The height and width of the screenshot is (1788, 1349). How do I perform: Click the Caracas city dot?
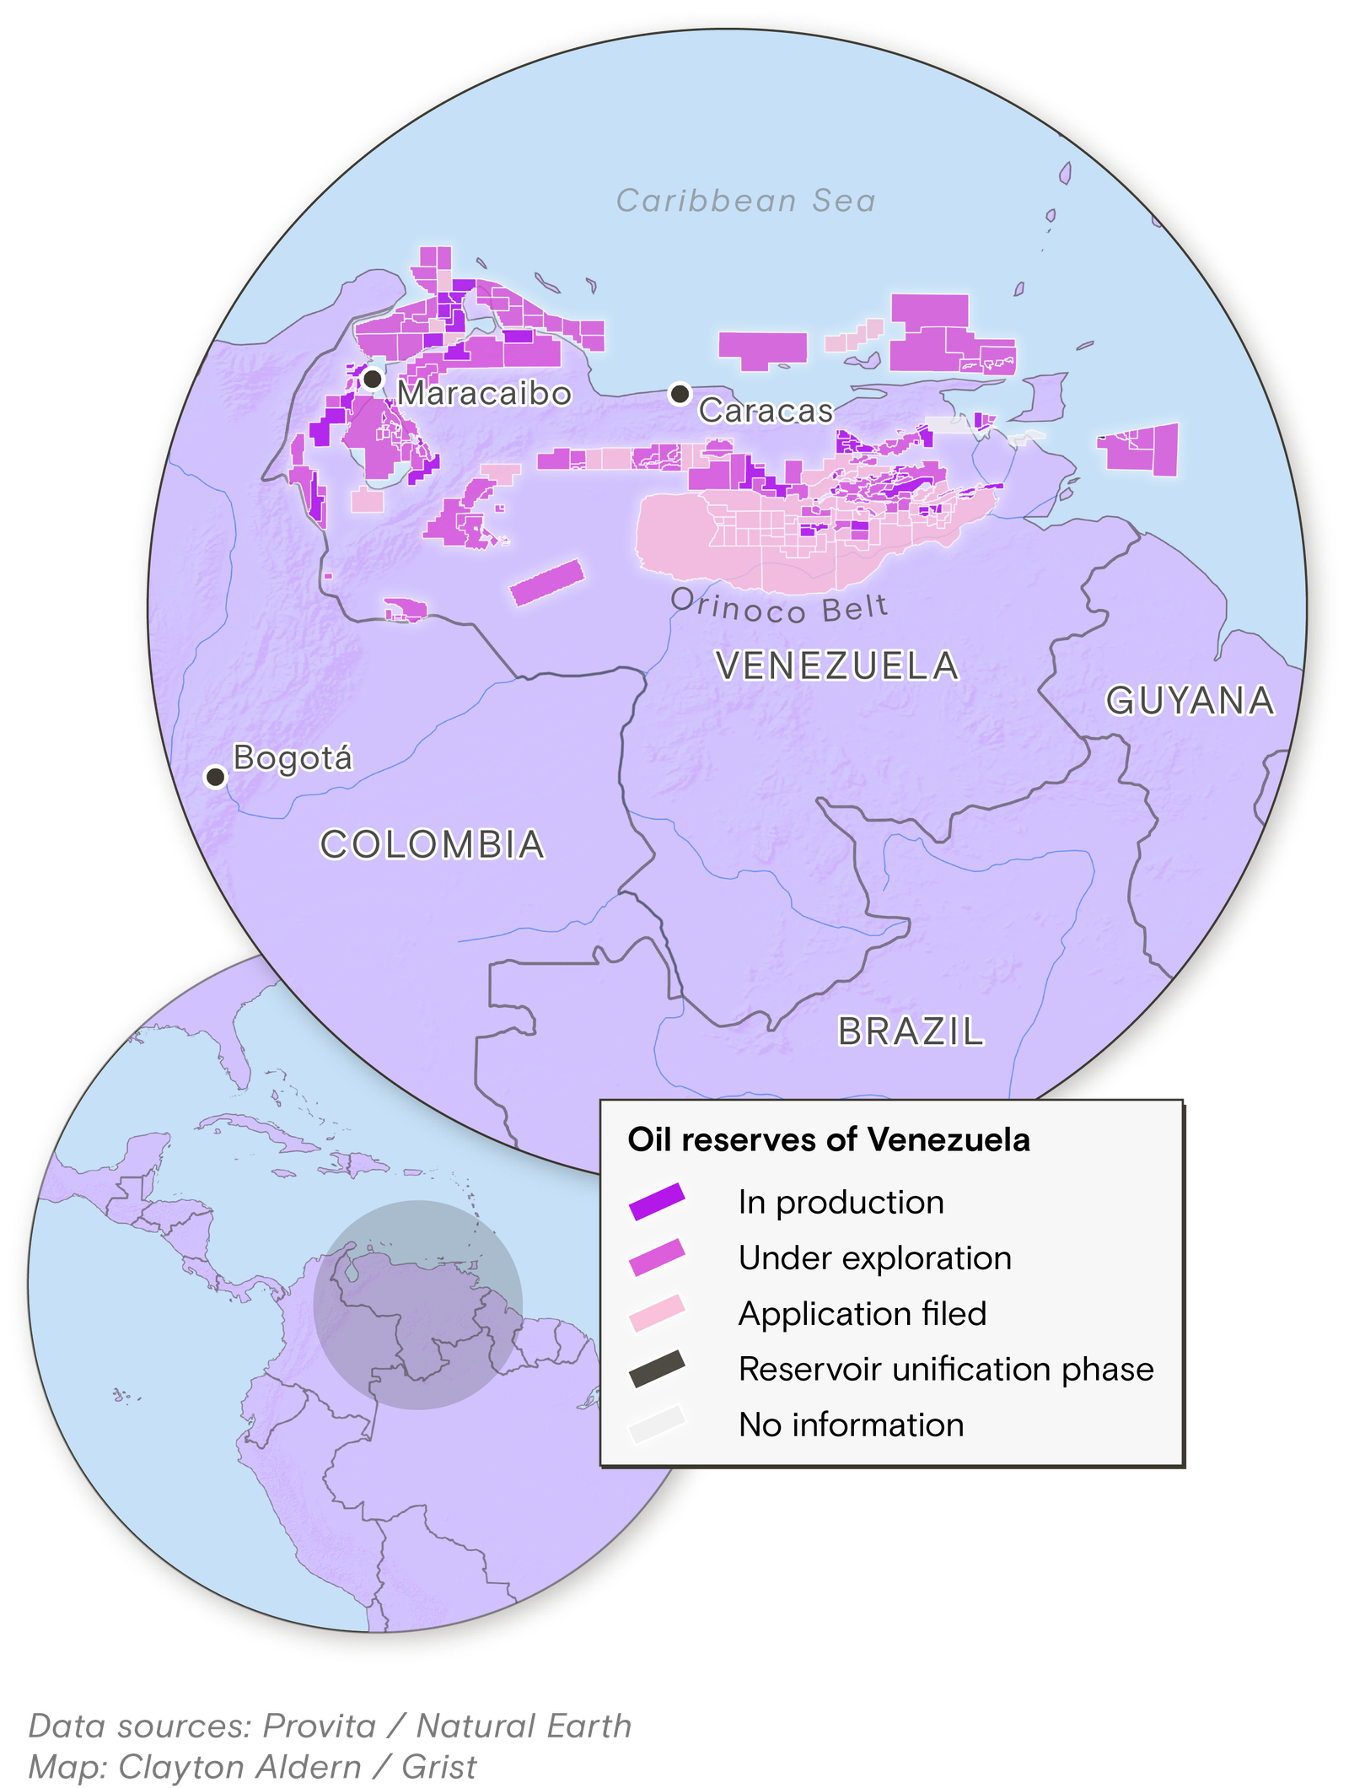tap(680, 393)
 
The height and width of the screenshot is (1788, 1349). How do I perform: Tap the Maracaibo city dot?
tap(373, 379)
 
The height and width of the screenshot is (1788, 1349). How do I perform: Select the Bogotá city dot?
tap(216, 776)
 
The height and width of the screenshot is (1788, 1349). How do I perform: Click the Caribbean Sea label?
tap(746, 201)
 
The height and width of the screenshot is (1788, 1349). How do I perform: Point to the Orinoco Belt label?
tap(779, 606)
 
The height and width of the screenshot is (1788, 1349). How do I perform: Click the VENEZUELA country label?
tap(836, 666)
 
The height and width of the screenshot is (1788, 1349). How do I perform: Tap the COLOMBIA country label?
tap(433, 845)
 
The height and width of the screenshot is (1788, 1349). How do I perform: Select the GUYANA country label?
tap(1190, 701)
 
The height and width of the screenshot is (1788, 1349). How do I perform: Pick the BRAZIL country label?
tap(911, 1031)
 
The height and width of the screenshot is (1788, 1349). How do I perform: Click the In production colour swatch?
tap(657, 1202)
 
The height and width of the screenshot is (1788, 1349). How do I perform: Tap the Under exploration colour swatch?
tap(657, 1258)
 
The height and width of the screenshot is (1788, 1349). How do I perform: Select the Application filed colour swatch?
tap(657, 1313)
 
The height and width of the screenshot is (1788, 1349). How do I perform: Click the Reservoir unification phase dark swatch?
tap(657, 1369)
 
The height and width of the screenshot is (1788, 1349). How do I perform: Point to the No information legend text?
tap(851, 1424)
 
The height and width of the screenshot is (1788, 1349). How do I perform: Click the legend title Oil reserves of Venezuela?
tap(828, 1140)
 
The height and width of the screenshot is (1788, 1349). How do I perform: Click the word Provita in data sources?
tap(319, 1726)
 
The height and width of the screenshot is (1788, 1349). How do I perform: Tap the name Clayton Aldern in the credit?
tap(239, 1767)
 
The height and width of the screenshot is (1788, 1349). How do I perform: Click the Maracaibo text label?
tap(484, 394)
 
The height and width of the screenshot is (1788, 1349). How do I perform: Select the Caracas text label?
tap(766, 411)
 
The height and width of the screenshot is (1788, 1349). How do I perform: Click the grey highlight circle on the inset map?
tap(418, 1305)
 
